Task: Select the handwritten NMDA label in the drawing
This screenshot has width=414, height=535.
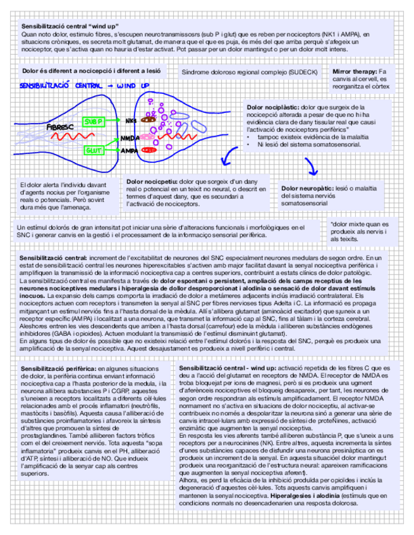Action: tap(129, 138)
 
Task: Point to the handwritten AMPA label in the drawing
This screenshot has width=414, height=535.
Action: tap(130, 151)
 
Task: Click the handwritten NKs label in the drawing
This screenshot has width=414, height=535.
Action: tap(131, 120)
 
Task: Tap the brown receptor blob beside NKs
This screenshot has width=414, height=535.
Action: tap(149, 119)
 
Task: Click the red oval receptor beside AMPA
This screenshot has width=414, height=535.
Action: tap(150, 150)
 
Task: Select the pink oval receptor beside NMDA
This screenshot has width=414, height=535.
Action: tap(149, 136)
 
